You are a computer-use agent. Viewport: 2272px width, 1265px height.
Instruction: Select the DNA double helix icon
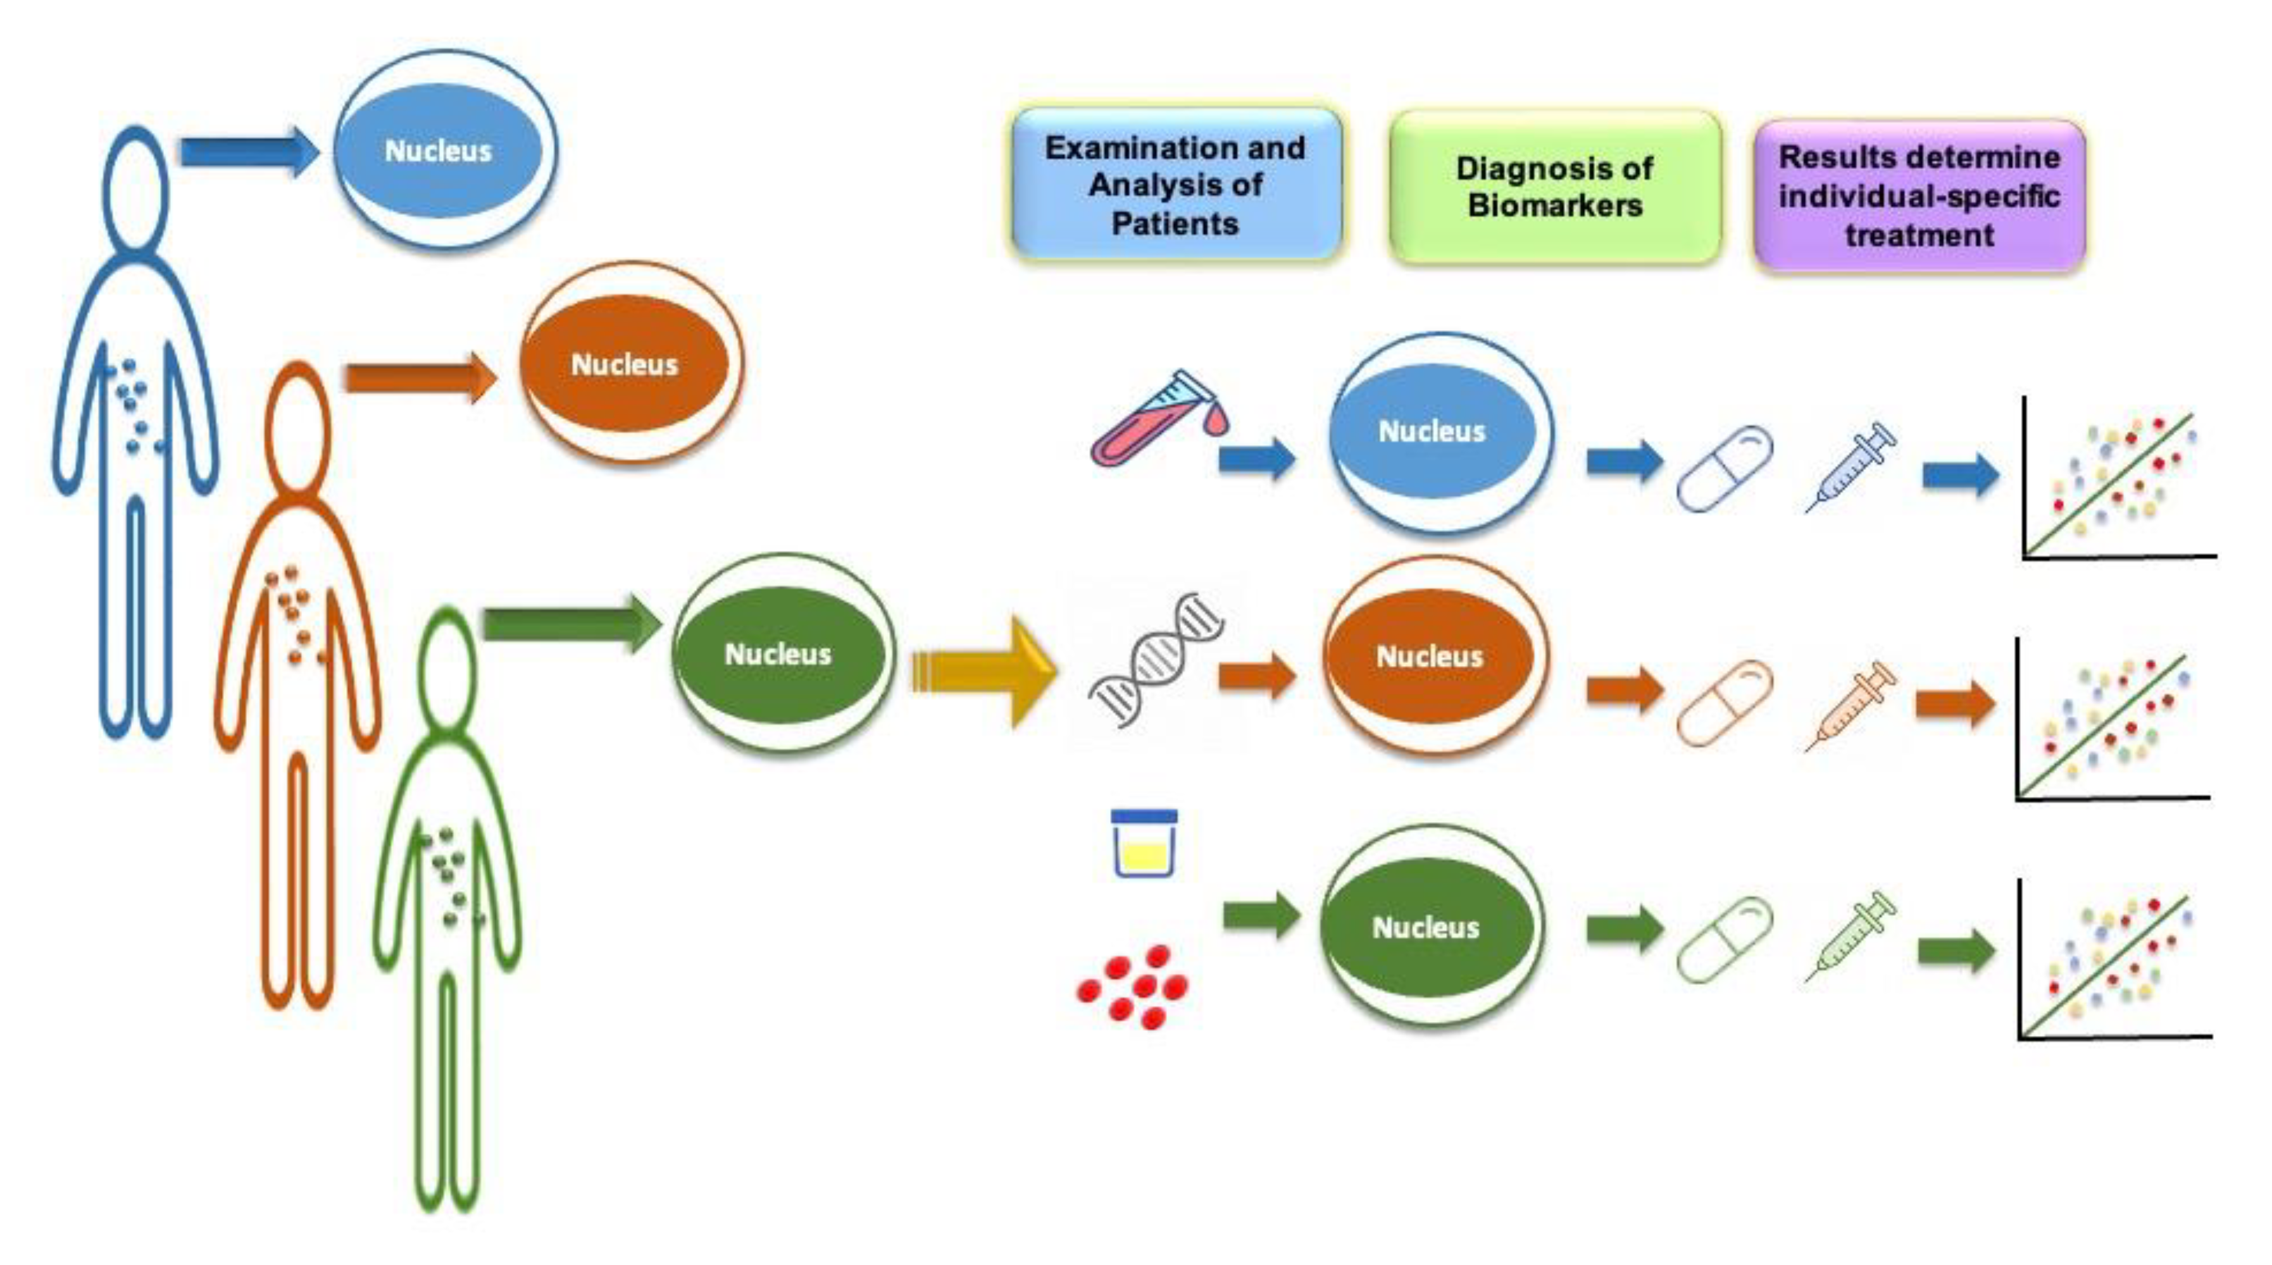tap(1156, 660)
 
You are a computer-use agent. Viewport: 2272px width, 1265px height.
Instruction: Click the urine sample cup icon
tap(1144, 844)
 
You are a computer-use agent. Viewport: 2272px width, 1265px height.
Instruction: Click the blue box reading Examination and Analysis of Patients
tap(1176, 185)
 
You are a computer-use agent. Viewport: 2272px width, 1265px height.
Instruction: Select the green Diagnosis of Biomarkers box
tap(1554, 187)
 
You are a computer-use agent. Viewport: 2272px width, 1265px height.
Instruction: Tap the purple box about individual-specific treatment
tap(1919, 195)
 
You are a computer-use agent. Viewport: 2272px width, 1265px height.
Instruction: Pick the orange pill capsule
tap(1725, 703)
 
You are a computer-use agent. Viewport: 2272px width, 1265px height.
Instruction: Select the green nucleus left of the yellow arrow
tap(778, 653)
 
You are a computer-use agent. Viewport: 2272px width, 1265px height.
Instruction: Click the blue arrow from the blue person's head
tap(249, 152)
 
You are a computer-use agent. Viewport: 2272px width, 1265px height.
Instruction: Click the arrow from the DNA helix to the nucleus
tap(1258, 677)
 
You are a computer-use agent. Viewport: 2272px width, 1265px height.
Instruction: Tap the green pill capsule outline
tap(1725, 938)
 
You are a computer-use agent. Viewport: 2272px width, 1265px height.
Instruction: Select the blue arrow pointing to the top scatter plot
tap(1961, 476)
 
